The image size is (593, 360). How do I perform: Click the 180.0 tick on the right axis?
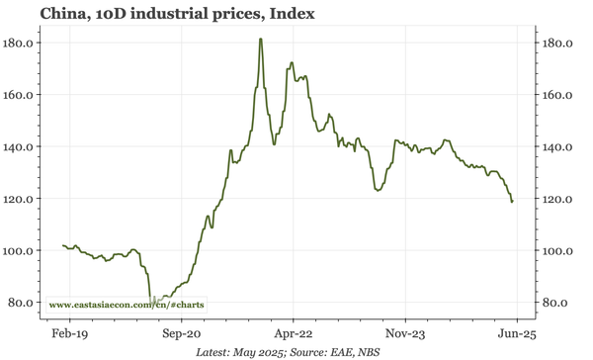coord(559,44)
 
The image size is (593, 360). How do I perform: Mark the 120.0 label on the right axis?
coord(559,199)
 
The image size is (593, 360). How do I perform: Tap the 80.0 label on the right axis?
coord(556,302)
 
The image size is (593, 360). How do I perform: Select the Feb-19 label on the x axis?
coord(69,334)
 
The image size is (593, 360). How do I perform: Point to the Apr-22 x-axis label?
coord(294,334)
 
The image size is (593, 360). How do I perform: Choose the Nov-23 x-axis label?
coord(405,334)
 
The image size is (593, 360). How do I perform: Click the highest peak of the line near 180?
coord(260,40)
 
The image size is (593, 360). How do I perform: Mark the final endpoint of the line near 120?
coord(512,202)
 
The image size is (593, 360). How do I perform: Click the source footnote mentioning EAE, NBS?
coord(289,351)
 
